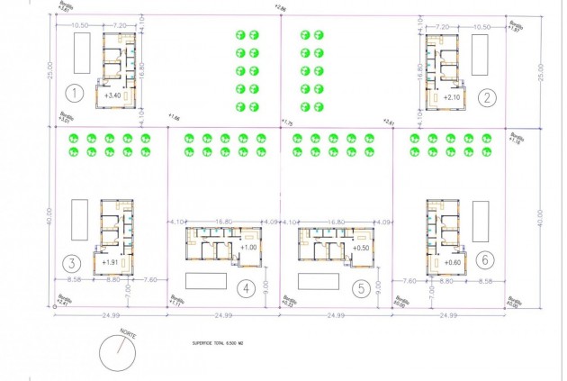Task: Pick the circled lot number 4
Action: [x=244, y=289]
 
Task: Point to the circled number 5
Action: [x=360, y=289]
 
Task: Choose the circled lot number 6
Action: [x=487, y=259]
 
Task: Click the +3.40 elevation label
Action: [x=112, y=95]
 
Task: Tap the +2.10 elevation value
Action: [x=451, y=95]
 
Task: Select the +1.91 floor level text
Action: [x=111, y=262]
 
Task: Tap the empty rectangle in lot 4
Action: [x=206, y=279]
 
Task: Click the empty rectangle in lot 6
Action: [x=481, y=219]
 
